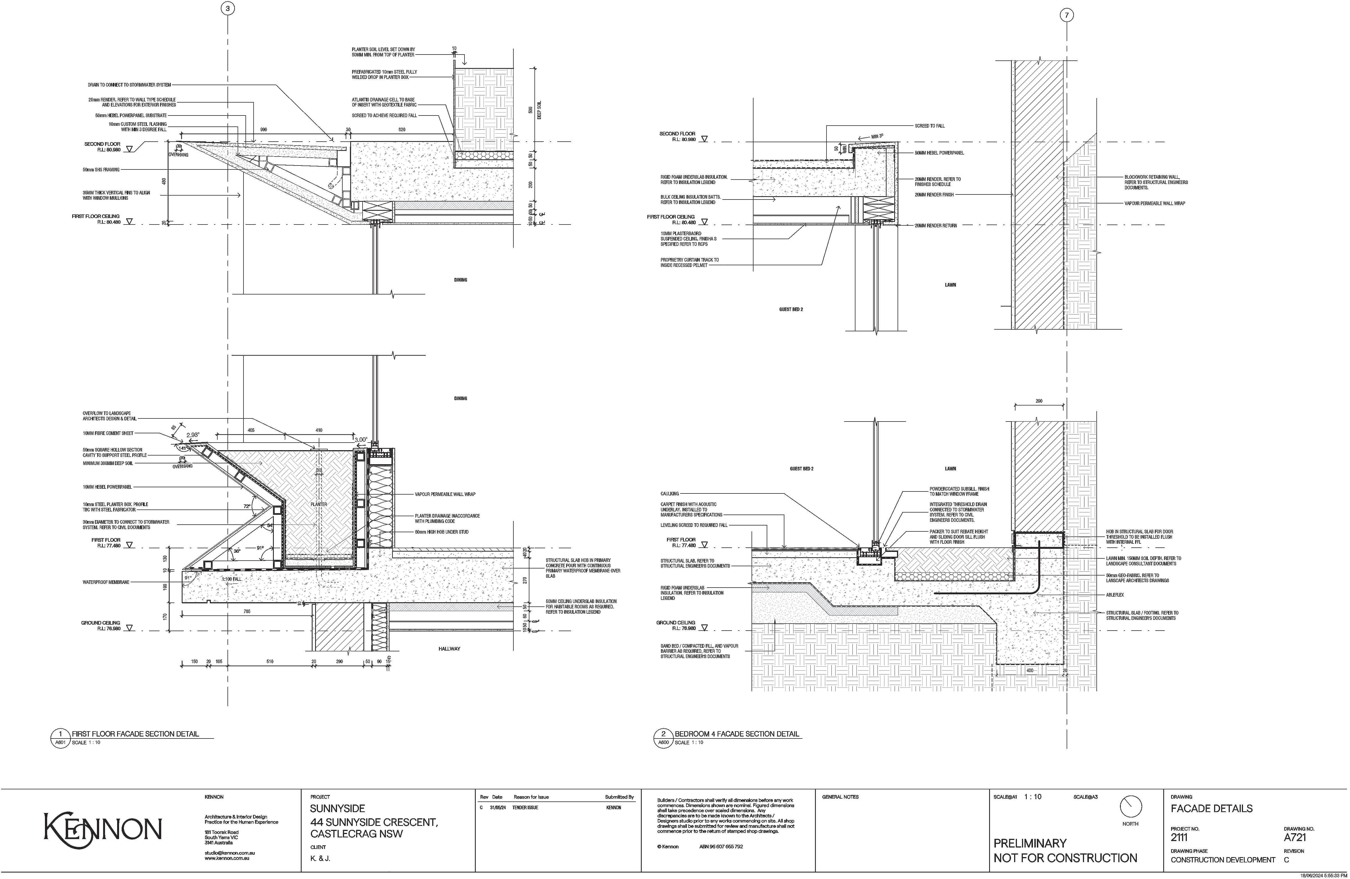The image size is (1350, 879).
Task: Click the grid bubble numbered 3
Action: tap(227, 8)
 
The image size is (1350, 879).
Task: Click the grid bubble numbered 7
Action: tap(1066, 15)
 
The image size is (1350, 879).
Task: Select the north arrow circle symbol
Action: tap(1130, 806)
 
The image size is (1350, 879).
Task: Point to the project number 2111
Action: tap(1179, 837)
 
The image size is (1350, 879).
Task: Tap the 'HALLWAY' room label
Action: tap(449, 649)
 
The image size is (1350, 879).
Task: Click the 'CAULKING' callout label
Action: tap(669, 494)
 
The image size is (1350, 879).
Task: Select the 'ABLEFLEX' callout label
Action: tap(1115, 595)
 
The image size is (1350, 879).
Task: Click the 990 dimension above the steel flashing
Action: tap(263, 130)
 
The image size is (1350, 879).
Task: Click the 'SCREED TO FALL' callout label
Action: tap(930, 125)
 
